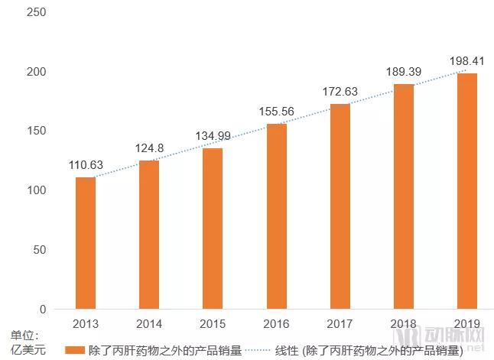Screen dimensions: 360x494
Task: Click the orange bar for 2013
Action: coord(85,243)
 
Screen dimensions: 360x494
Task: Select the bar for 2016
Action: coord(276,216)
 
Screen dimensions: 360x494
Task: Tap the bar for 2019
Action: coord(467,191)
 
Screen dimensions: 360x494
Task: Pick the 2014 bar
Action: coord(148,235)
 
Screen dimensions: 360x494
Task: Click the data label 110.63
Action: coord(85,165)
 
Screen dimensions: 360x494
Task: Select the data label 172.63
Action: coord(340,92)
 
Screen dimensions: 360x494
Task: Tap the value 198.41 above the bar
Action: coord(467,60)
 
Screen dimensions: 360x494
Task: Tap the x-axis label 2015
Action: coord(213,323)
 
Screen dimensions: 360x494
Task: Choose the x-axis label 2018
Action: coord(404,323)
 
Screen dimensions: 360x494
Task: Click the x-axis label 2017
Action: coord(340,323)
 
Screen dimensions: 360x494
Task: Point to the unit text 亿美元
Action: coord(28,351)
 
